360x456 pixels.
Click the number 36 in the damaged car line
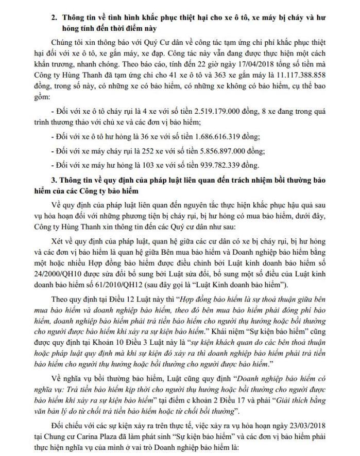pyautogui.click(x=135, y=136)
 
